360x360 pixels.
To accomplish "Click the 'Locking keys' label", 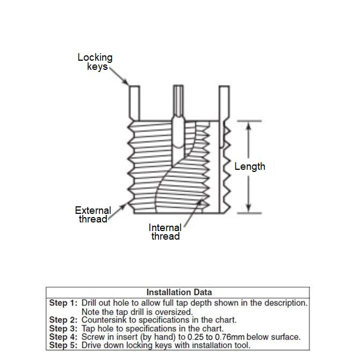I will click(96, 62).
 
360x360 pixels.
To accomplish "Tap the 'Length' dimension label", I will click(250, 167).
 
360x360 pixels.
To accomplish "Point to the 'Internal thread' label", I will click(165, 232).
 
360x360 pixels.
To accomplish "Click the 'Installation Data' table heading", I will click(179, 292).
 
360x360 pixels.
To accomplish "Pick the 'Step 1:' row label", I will click(63, 303).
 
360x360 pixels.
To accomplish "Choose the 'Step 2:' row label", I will click(63, 320).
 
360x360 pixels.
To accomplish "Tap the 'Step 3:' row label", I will click(63, 329).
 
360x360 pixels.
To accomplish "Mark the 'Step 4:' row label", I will click(63, 337).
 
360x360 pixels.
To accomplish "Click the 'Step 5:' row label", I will click(63, 346).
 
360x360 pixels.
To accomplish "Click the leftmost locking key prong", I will click(134, 102).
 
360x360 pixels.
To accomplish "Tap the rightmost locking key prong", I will click(226, 102).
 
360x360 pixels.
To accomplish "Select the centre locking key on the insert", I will click(178, 102).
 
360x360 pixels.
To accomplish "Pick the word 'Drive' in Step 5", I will click(92, 346).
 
